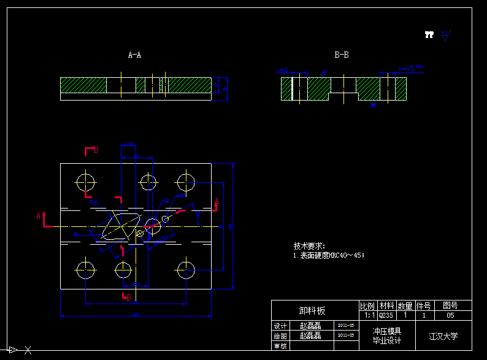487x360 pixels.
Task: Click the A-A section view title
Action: [134, 55]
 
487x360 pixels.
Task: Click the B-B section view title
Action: [342, 55]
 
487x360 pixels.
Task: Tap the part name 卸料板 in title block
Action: [312, 311]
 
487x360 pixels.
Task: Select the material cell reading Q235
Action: [386, 315]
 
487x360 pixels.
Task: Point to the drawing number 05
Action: [450, 315]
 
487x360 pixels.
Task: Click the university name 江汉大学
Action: [443, 336]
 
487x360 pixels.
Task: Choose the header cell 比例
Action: [367, 305]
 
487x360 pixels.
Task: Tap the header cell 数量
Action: [405, 305]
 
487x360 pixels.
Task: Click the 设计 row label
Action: [280, 326]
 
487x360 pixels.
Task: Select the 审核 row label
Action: [280, 346]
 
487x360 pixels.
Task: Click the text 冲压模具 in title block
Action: [386, 331]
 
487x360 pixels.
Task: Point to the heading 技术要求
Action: [309, 245]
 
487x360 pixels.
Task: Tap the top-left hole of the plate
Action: [85, 182]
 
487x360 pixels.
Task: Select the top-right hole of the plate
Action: [185, 182]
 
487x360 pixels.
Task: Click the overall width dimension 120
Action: [135, 315]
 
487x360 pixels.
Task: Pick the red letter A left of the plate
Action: [39, 215]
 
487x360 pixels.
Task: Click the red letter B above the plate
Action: [96, 150]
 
